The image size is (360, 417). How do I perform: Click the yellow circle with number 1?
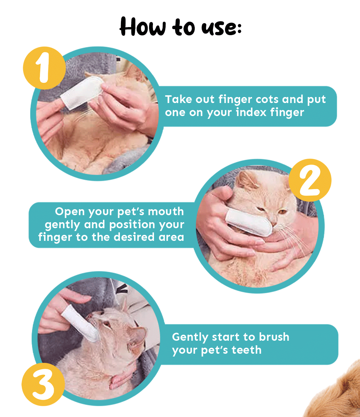(44, 68)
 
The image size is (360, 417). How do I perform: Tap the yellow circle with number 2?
(310, 180)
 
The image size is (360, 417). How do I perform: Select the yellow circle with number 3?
(43, 384)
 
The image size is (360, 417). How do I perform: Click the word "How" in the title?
(143, 27)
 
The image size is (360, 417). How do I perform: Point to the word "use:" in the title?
(221, 28)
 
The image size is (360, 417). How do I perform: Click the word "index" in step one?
(251, 112)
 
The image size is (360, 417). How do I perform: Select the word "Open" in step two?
(70, 212)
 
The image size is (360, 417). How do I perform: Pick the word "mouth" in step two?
(166, 211)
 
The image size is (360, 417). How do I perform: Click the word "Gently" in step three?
(190, 338)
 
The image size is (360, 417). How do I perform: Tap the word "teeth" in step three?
(246, 350)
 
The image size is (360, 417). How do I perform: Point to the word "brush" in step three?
(274, 337)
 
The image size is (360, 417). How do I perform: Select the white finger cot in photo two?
(249, 222)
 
